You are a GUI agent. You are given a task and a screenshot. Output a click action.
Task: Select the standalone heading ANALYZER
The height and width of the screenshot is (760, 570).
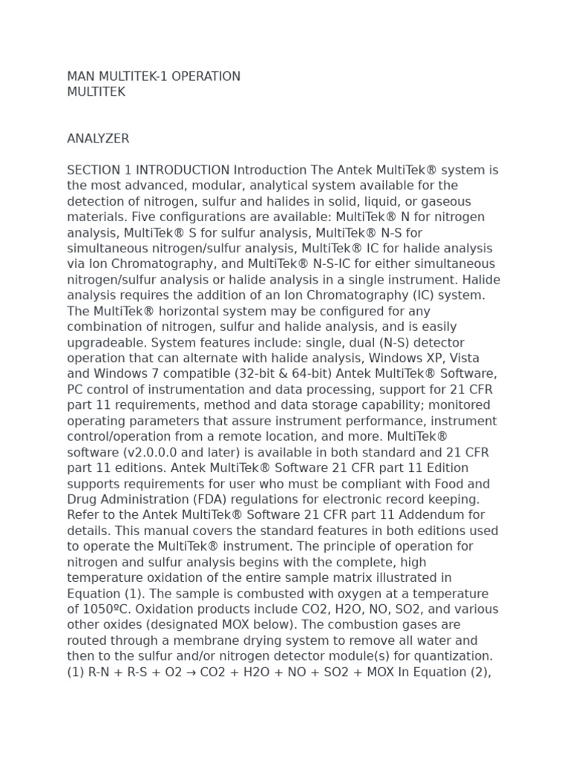(x=98, y=139)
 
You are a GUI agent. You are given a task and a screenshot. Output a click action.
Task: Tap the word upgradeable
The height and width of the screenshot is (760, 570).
(x=108, y=342)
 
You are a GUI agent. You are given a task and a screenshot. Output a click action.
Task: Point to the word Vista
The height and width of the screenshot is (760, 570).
(x=465, y=358)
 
